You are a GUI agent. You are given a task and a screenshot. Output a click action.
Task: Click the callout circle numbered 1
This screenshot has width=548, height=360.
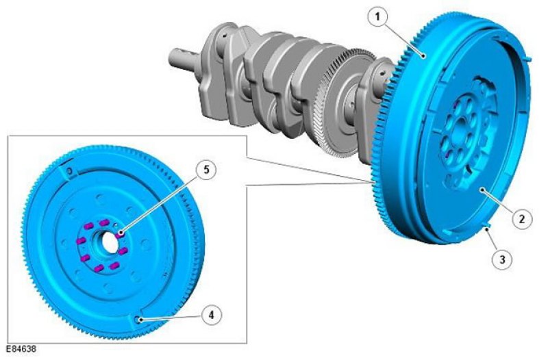pos(377,16)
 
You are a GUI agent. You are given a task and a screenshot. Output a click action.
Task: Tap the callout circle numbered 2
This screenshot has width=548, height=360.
pos(522,219)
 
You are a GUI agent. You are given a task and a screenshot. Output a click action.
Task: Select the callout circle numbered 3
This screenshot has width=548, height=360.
pos(502,259)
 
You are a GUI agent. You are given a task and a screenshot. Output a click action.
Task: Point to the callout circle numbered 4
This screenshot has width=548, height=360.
pos(211,315)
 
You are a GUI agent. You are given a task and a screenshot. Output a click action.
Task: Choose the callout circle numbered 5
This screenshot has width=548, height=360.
pos(206,170)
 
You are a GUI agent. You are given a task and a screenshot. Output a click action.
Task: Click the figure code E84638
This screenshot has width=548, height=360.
pos(21,349)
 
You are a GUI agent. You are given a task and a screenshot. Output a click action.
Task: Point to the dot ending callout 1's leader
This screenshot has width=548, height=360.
pos(423,55)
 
